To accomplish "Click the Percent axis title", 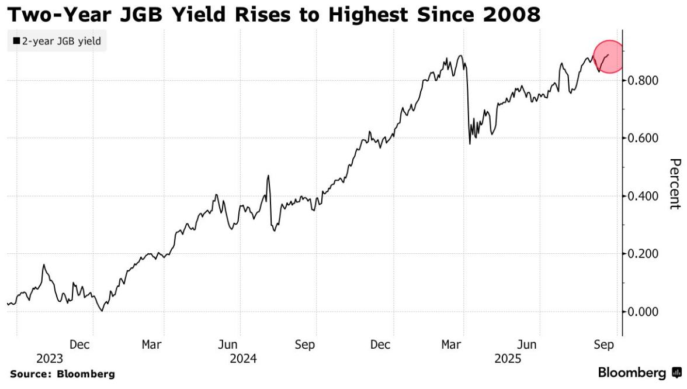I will click(x=675, y=184).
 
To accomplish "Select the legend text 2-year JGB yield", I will click(x=61, y=42).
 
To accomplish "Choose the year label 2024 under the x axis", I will click(x=244, y=358).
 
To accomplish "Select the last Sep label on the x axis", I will click(x=604, y=345).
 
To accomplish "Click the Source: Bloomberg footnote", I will click(x=62, y=374).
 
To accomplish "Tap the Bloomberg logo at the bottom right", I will click(x=639, y=373).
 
